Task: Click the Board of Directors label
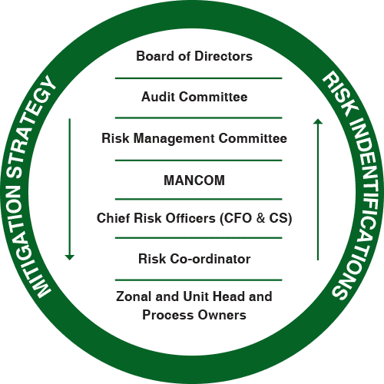coord(194,56)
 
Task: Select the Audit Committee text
coord(194,97)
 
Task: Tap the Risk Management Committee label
coord(194,138)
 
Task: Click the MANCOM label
coord(194,180)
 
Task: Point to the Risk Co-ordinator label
coord(194,259)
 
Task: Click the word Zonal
coord(134,296)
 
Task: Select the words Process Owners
coord(194,315)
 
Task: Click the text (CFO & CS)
coord(256,219)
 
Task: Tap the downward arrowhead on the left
coord(69,257)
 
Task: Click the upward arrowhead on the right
coord(318,121)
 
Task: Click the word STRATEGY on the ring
coord(28,125)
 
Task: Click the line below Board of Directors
coord(198,78)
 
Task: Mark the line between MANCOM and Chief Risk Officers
coord(198,199)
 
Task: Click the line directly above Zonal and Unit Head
coord(198,280)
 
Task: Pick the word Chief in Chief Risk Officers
coord(114,218)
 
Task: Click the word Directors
coord(223,56)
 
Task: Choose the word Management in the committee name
coord(174,139)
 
